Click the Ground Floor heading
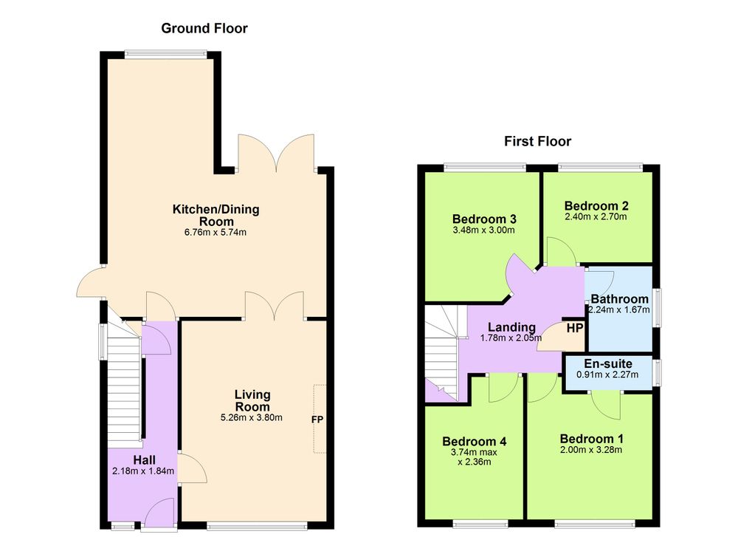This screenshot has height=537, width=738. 204,28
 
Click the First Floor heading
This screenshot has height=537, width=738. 537,141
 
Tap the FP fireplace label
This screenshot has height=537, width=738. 317,419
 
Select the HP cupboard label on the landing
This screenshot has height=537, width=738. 575,328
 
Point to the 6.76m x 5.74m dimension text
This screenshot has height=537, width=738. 216,232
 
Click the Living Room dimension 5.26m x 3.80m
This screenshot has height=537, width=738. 252,417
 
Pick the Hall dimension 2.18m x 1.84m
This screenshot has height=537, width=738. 144,471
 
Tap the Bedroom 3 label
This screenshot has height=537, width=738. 484,219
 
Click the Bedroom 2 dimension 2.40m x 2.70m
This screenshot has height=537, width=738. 596,216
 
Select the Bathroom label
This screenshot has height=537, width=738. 619,299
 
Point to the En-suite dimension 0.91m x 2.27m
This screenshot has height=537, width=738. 607,375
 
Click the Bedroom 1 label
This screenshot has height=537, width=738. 592,439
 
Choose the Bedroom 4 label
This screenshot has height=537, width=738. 475,442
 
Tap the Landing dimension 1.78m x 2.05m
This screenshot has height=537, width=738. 511,338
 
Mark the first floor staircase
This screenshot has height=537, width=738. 441,353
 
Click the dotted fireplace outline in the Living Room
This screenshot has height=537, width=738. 320,419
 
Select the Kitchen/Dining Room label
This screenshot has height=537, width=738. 216,215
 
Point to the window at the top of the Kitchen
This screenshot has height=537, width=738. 165,55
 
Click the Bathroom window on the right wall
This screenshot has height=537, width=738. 655,307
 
